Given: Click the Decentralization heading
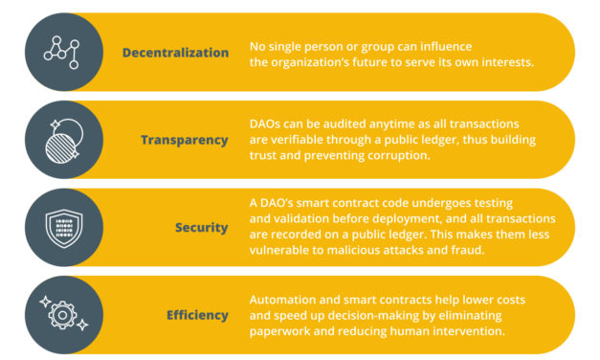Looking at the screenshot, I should point(175,53).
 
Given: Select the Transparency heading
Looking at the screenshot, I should point(185,140).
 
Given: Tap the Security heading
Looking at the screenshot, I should point(201,228).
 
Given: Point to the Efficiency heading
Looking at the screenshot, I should point(197,315).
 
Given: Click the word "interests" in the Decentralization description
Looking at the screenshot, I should point(496,63).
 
